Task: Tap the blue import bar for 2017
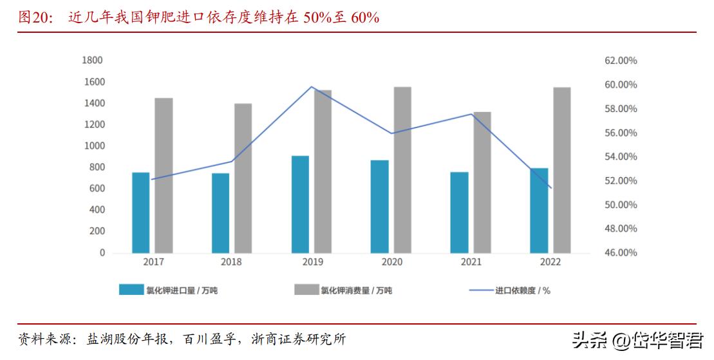click(140, 213)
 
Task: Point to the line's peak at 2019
click(312, 86)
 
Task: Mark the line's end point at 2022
click(552, 188)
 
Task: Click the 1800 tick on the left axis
click(93, 61)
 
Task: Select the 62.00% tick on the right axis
click(621, 61)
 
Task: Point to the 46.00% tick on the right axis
click(621, 253)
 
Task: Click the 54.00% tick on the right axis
click(621, 156)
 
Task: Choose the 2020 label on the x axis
click(391, 262)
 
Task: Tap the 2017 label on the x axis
click(153, 262)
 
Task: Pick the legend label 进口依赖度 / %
click(522, 290)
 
